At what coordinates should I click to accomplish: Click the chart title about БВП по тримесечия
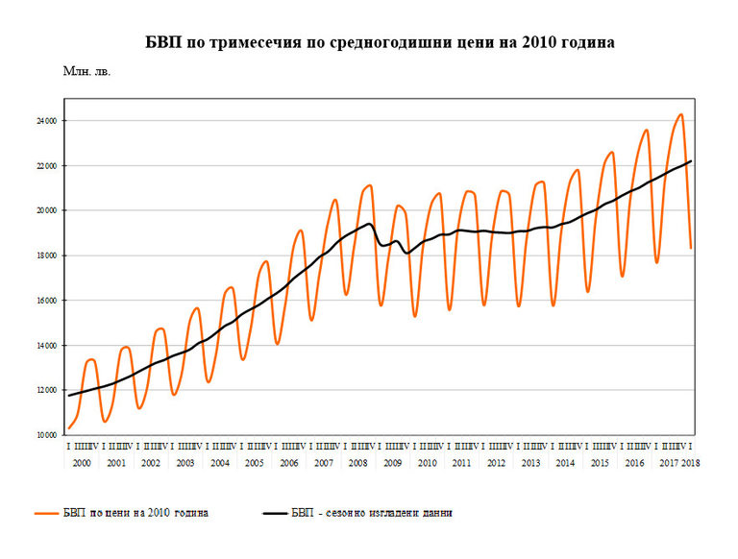click(380, 43)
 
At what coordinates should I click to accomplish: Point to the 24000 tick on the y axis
click(47, 121)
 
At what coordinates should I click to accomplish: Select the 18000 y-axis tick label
click(47, 255)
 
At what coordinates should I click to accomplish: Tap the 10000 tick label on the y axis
click(47, 435)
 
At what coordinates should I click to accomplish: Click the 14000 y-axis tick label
click(47, 346)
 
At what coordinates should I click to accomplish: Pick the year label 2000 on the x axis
click(82, 463)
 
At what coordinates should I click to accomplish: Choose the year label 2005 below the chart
click(255, 463)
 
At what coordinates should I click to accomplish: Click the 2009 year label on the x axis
click(392, 463)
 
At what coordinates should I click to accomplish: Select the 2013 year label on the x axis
click(530, 463)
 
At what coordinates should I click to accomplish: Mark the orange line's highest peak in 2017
click(680, 114)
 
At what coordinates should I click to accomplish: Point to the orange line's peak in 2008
click(370, 185)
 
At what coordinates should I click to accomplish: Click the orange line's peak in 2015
click(611, 152)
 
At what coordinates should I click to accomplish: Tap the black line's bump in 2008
click(370, 224)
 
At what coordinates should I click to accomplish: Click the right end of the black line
click(692, 160)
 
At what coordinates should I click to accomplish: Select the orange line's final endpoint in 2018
click(692, 248)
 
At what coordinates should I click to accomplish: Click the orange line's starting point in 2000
click(68, 428)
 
